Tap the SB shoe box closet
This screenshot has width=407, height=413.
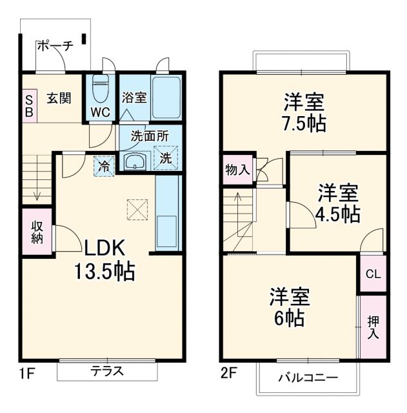(29, 105)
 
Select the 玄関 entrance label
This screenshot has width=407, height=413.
(59, 99)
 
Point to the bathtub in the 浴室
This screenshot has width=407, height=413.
(166, 96)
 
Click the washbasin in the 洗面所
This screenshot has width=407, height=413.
(134, 161)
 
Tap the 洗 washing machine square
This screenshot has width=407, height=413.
(166, 157)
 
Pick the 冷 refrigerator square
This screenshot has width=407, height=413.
(103, 165)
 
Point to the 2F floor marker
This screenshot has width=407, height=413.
(230, 373)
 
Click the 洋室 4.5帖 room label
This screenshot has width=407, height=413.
(338, 203)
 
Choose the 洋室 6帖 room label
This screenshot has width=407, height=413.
(290, 307)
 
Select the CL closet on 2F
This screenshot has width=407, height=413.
(373, 274)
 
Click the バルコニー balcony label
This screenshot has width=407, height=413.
(308, 378)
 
